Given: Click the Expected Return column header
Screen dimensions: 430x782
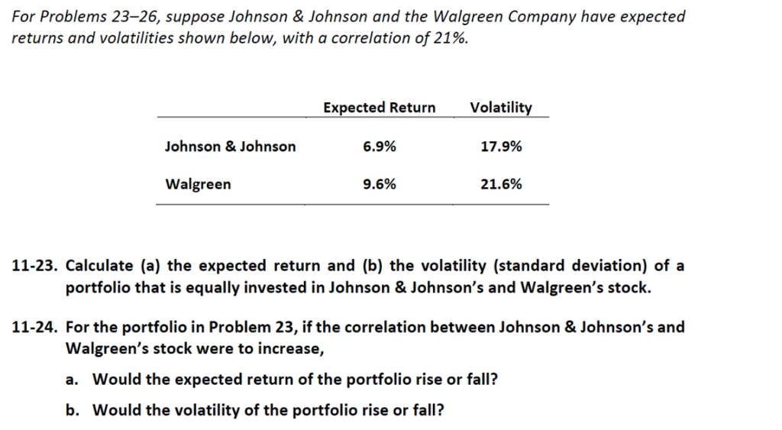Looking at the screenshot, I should pos(379,108).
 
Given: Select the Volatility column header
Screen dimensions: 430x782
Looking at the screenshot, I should pos(501,108).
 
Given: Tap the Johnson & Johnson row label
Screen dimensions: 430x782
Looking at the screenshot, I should pos(230,146).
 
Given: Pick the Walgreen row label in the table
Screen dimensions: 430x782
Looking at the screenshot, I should pos(198,184).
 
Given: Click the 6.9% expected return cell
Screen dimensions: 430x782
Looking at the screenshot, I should pos(380,146).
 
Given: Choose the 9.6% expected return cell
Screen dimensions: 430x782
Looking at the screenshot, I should pos(380,184).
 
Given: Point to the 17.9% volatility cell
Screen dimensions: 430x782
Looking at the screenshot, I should pos(501,146).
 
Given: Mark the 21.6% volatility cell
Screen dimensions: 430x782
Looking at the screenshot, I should pos(501,184).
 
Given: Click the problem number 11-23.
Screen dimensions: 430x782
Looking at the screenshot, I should pos(35,266).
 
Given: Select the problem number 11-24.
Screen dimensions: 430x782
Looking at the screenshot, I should pos(35,327).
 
